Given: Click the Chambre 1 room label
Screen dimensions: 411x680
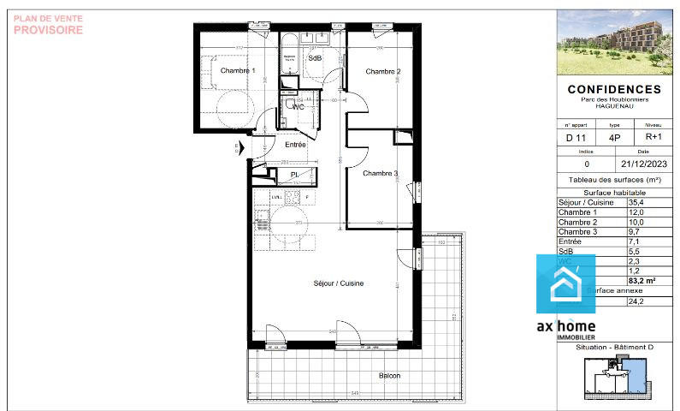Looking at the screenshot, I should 237,71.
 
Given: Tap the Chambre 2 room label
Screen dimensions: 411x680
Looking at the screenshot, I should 383,71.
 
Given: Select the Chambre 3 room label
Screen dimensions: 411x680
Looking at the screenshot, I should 381,174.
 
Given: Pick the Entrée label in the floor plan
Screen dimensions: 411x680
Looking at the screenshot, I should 295,145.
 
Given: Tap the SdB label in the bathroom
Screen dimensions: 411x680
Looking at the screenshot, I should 315,58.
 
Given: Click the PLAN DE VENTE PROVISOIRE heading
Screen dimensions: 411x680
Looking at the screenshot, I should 49,24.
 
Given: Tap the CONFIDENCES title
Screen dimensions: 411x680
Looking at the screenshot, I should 614,89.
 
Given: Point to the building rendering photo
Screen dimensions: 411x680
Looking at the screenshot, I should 614,42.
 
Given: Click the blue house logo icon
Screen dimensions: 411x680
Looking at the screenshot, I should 565,284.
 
